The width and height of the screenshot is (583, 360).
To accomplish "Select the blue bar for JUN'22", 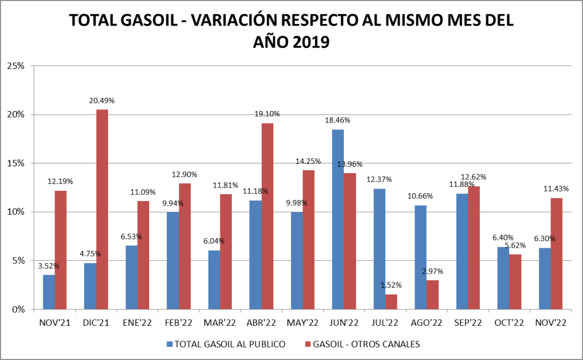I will pyautogui.click(x=338, y=219).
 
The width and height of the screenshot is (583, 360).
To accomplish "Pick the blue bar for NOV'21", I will pyautogui.click(x=49, y=292).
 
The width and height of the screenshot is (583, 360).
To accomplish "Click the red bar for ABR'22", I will pyautogui.click(x=267, y=216).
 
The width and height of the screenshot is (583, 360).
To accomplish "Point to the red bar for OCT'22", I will pyautogui.click(x=515, y=281).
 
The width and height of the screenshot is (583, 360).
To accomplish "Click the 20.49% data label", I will pyautogui.click(x=102, y=101).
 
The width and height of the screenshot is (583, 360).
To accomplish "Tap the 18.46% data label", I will pyautogui.click(x=338, y=121).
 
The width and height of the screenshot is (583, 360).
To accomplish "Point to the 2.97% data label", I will pyautogui.click(x=433, y=271).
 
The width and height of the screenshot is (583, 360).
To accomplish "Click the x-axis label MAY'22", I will pyautogui.click(x=302, y=323).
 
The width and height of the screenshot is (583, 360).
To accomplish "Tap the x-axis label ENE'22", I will pyautogui.click(x=137, y=323).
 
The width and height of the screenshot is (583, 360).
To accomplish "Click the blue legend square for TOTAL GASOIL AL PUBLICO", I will pyautogui.click(x=170, y=344).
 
